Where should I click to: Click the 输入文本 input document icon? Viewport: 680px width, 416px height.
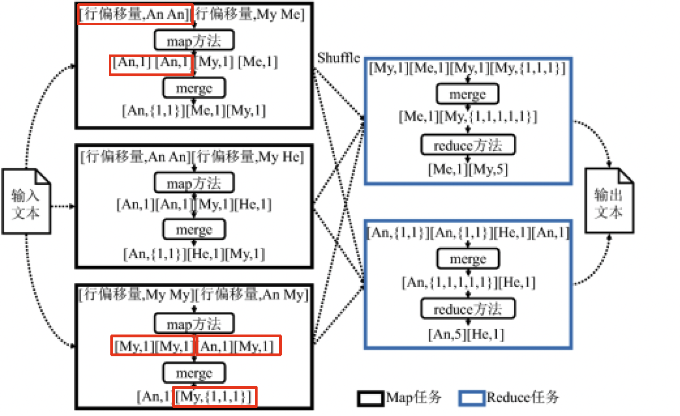tap(26, 202)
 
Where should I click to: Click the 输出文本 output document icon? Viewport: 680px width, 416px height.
tap(609, 202)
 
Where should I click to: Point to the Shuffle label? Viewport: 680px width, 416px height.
tap(339, 58)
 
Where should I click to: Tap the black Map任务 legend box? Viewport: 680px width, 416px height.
tap(370, 398)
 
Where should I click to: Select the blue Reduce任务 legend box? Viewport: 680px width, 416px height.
tap(471, 398)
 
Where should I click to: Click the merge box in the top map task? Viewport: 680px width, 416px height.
tap(194, 88)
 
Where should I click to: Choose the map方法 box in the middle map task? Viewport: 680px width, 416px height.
tap(194, 183)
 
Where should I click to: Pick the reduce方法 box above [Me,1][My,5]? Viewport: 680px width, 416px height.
tap(468, 145)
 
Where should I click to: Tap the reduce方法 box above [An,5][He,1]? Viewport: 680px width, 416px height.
tap(468, 309)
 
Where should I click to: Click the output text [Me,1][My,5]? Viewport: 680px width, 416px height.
tap(468, 169)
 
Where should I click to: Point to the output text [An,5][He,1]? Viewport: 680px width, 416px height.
tap(466, 335)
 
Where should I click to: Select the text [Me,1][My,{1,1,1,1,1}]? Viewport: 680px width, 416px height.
tap(468, 117)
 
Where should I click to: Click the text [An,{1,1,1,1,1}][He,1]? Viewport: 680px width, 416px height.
tap(468, 283)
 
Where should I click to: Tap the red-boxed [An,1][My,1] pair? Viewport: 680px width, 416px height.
tap(238, 346)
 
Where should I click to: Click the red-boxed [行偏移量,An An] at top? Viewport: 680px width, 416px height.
tap(135, 14)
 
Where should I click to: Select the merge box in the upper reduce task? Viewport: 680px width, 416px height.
tap(467, 94)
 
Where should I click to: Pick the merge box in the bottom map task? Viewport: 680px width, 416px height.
tap(194, 373)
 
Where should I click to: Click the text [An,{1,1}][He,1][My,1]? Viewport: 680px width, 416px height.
tap(194, 254)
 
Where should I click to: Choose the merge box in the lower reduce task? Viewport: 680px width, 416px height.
tap(468, 259)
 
